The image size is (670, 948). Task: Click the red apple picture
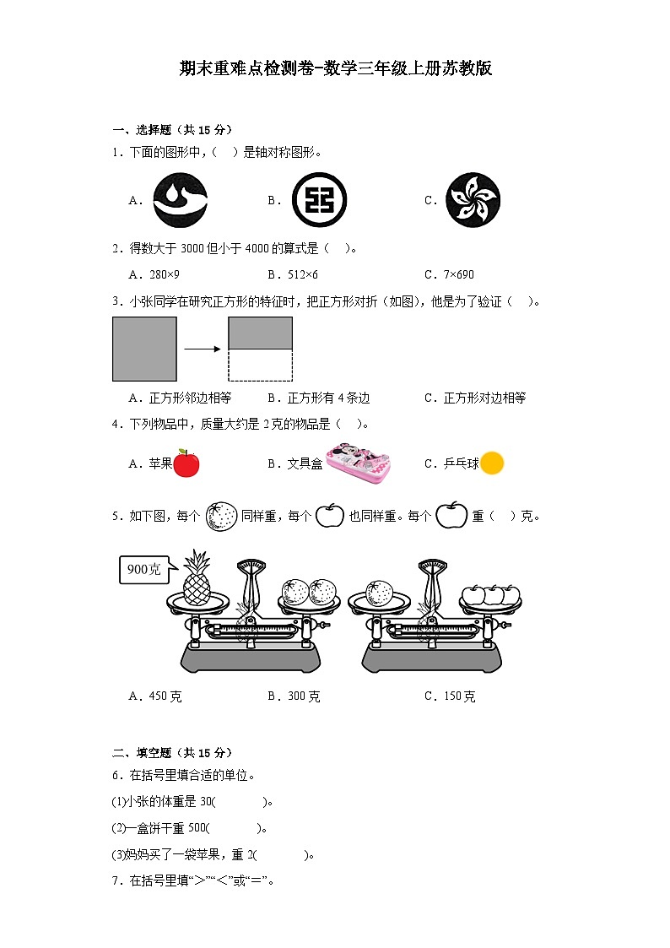186,463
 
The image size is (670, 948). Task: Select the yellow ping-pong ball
492,463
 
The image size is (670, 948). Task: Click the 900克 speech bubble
144,569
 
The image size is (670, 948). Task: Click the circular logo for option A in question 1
180,200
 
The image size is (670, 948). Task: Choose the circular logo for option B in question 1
319,200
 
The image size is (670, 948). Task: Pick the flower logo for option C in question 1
472,200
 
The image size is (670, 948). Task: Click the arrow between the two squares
203,348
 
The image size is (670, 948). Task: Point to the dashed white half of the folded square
260,365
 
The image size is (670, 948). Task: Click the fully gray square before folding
144,349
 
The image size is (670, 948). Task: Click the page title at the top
335,69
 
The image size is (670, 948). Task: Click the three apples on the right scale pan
489,594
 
